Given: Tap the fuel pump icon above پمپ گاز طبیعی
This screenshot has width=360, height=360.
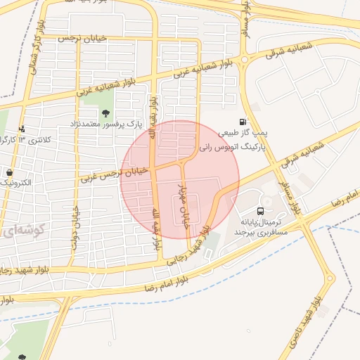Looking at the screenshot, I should coord(243,122).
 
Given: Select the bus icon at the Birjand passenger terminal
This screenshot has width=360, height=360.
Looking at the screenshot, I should coord(261,211).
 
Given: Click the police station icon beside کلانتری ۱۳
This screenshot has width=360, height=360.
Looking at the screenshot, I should coord(22,129).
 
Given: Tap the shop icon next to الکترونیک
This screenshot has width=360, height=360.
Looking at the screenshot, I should coord(9,172).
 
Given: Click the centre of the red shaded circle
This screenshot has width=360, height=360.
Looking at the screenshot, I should coord(179,179).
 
